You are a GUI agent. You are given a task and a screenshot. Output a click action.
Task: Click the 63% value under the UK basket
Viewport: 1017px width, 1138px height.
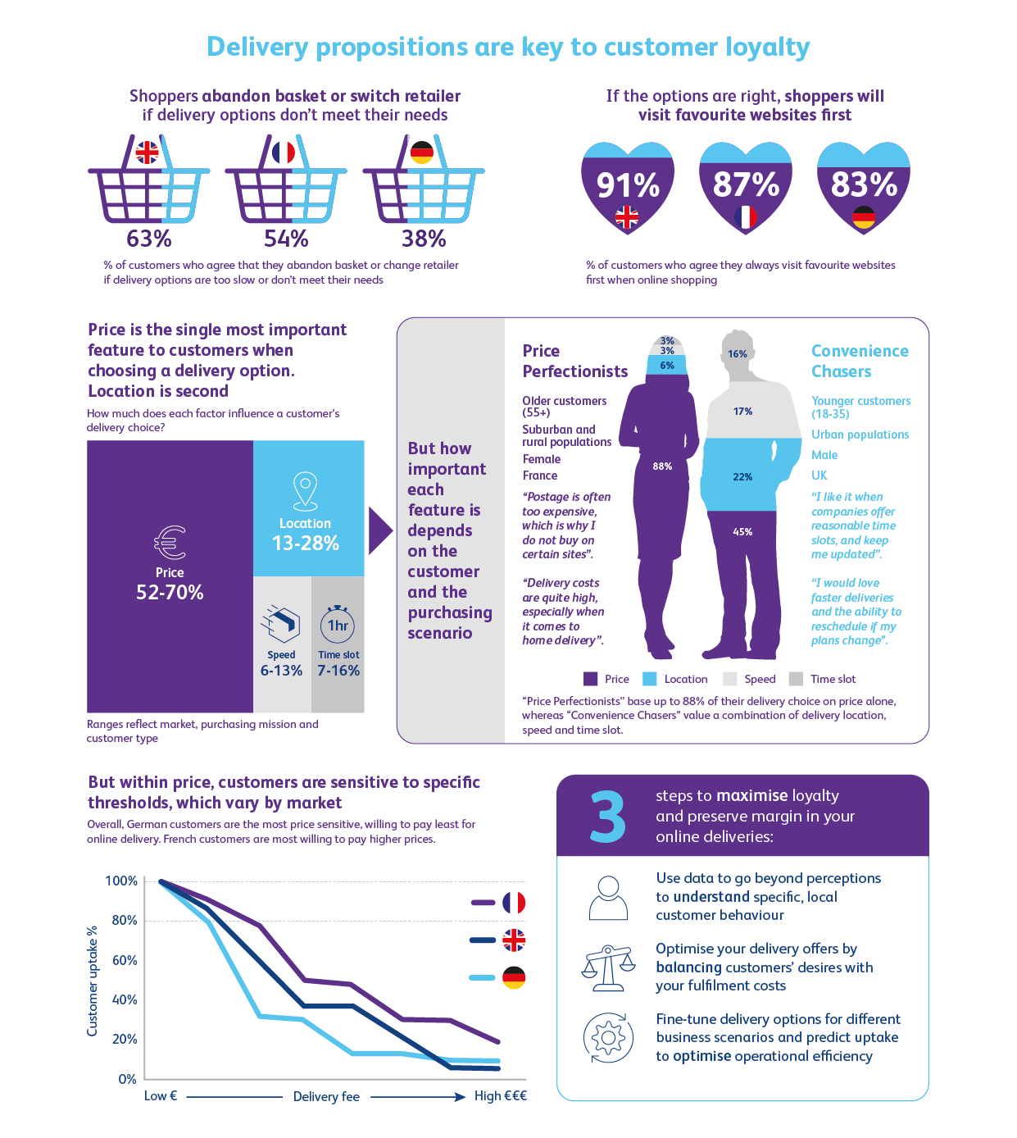149,239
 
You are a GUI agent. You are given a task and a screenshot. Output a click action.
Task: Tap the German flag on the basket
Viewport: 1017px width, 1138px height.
422,152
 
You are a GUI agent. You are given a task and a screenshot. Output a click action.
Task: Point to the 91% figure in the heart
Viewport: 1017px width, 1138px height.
628,185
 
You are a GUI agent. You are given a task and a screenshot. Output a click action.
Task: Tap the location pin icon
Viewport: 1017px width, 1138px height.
305,491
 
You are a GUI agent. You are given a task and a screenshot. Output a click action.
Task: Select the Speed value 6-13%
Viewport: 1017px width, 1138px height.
281,671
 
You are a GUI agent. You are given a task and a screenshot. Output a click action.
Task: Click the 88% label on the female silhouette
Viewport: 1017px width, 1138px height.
662,467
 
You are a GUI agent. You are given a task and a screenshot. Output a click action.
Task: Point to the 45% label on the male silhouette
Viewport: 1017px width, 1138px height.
742,532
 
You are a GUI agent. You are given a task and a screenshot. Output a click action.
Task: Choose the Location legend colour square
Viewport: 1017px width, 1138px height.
650,679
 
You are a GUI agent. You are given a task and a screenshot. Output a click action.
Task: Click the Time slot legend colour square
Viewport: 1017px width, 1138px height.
796,679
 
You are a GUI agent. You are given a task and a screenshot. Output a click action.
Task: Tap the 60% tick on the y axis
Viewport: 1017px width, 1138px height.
125,960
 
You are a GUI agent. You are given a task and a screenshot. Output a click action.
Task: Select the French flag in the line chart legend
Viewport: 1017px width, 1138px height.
514,903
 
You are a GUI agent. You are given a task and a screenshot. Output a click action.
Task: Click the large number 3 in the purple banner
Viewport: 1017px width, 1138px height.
607,817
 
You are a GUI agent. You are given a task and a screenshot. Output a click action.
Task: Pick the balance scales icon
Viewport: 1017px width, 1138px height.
608,967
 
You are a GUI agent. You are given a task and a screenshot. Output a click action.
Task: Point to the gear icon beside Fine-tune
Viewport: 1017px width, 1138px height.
608,1038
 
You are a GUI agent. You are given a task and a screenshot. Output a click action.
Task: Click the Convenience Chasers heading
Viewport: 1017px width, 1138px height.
860,361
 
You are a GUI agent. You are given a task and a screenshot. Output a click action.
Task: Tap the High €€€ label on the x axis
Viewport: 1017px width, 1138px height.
500,1096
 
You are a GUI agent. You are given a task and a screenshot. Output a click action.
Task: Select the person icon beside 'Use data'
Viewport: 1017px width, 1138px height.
608,898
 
